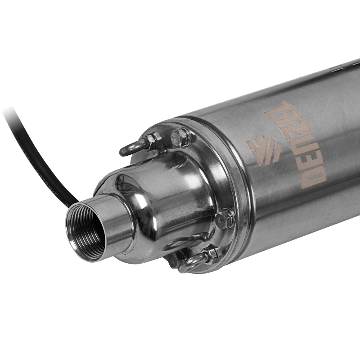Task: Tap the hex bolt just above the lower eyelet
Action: pos(225,219)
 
